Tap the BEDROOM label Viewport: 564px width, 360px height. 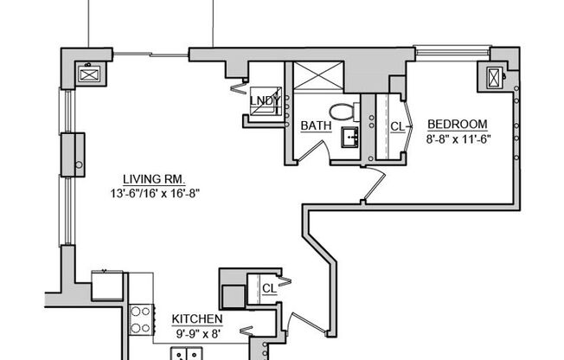click(458, 124)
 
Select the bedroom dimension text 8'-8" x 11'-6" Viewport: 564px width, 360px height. click(458, 138)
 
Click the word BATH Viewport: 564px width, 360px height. click(316, 126)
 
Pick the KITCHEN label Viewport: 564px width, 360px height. click(200, 318)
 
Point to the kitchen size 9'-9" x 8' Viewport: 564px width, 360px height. click(200, 331)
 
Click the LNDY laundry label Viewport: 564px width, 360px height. click(264, 100)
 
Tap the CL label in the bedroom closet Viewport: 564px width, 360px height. click(398, 126)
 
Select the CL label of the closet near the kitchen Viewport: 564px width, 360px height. click(269, 288)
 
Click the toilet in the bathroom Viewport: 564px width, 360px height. click(345, 111)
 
